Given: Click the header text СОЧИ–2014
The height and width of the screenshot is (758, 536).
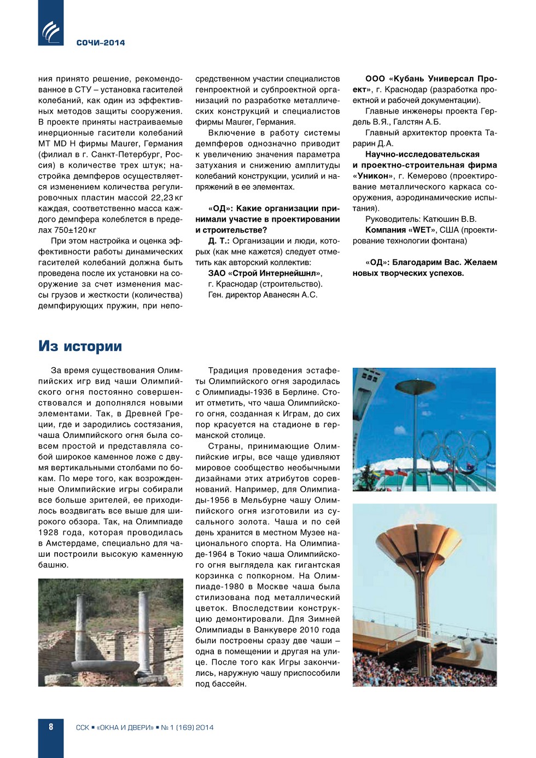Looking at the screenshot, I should click(x=101, y=43).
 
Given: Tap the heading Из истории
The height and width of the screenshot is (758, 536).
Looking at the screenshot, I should click(x=80, y=346).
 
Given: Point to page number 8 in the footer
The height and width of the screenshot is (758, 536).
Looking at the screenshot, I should click(x=51, y=727).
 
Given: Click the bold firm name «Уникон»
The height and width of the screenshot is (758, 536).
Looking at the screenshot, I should click(x=373, y=176).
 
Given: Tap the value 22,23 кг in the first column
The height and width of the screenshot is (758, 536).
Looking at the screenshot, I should click(x=167, y=198).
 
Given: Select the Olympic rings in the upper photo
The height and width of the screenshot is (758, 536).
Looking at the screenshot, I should click(x=459, y=446).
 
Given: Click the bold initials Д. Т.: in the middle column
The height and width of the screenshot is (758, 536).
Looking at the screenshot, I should click(x=219, y=241).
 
